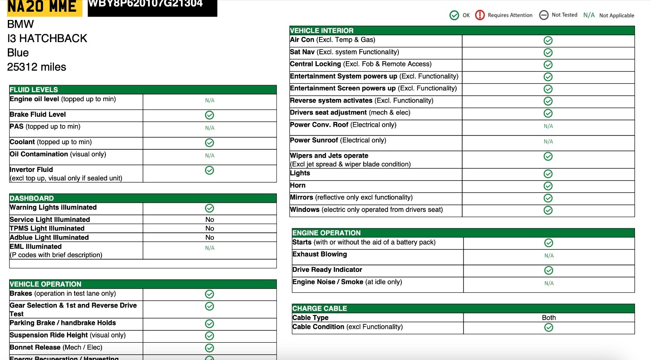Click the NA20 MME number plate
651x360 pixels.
pyautogui.click(x=42, y=7)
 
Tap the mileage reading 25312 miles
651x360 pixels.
pyautogui.click(x=36, y=67)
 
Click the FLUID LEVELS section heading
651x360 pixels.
pyautogui.click(x=34, y=89)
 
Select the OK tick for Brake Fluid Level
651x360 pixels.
pyautogui.click(x=210, y=115)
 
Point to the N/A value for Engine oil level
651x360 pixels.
pyautogui.click(x=210, y=100)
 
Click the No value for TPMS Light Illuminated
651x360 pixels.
pyautogui.click(x=210, y=228)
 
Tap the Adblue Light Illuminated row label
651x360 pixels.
pyautogui.click(x=49, y=238)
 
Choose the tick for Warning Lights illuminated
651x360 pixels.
pyautogui.click(x=210, y=208)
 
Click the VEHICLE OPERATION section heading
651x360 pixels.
pyautogui.click(x=46, y=284)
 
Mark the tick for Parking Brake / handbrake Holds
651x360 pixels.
pyautogui.click(x=210, y=324)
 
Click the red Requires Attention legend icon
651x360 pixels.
pyautogui.click(x=480, y=15)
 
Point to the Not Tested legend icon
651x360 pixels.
pyautogui.click(x=544, y=15)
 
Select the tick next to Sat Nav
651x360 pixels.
pyautogui.click(x=548, y=53)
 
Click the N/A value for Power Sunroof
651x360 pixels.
pyautogui.click(x=548, y=142)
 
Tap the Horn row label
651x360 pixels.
pyautogui.click(x=298, y=185)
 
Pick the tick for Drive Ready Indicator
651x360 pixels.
pyautogui.click(x=549, y=271)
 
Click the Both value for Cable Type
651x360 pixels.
pyautogui.click(x=549, y=317)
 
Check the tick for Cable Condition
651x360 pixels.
pyautogui.click(x=549, y=327)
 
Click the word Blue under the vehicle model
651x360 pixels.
pyautogui.click(x=18, y=53)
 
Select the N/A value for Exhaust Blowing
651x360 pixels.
pyautogui.click(x=549, y=256)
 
